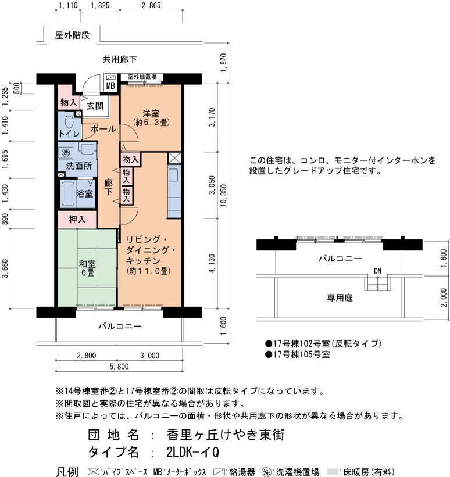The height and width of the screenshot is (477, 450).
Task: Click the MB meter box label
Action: (110, 86)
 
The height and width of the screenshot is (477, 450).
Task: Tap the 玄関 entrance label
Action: (95, 106)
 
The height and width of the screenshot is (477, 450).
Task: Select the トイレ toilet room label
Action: (69, 134)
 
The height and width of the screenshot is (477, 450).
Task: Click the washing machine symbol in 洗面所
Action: (66, 152)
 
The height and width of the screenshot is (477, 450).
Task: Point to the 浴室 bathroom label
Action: (84, 193)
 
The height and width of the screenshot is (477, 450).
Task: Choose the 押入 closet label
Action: (77, 219)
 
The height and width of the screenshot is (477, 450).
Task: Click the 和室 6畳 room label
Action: (87, 268)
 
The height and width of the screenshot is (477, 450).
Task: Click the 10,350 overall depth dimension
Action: (224, 195)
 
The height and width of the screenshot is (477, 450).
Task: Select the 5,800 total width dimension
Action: (119, 366)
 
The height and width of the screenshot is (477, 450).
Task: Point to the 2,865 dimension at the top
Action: (151, 5)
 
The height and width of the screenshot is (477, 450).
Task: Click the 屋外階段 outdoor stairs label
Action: (73, 35)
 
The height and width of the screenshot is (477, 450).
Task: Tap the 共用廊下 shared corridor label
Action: (120, 59)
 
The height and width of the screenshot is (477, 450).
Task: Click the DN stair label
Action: (377, 271)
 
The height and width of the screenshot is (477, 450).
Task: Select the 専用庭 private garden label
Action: (340, 297)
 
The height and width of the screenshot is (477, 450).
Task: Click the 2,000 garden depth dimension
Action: (444, 297)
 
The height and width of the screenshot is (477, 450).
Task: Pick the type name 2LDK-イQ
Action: (192, 453)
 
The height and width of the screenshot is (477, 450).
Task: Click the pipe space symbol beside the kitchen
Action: (174, 158)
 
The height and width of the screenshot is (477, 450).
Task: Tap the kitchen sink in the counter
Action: (173, 175)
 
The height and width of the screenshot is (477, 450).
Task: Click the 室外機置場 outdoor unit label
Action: (142, 77)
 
